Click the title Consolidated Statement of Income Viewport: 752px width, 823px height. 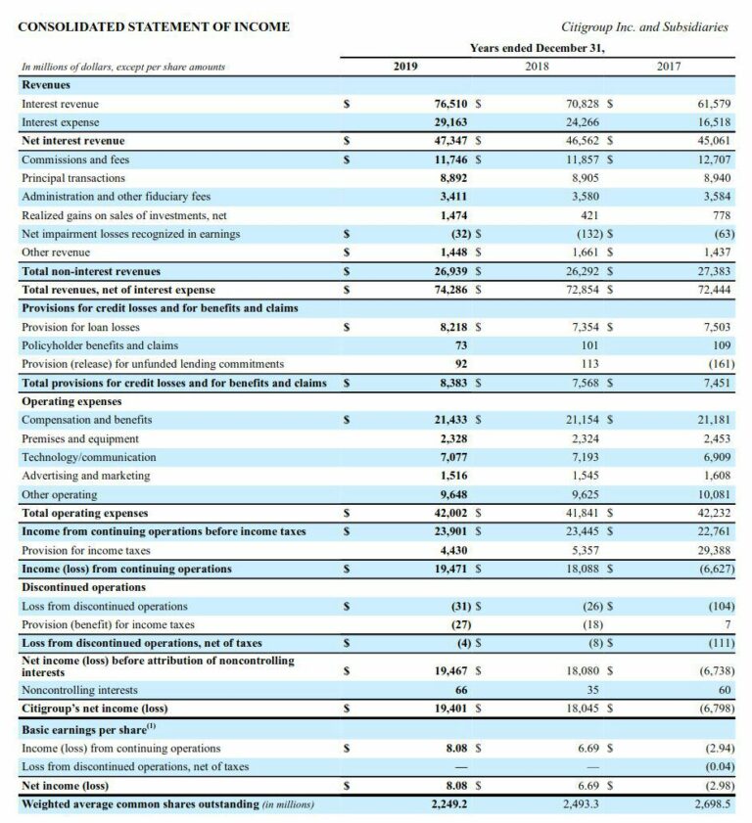coord(154,26)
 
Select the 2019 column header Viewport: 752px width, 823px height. coord(405,66)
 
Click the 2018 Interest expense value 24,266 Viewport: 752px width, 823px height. coord(584,121)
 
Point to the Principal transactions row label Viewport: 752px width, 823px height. coord(73,177)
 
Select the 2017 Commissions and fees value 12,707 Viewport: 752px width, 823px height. coord(715,159)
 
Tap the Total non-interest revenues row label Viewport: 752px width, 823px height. coord(91,270)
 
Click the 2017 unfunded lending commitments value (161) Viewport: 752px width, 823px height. coord(717,363)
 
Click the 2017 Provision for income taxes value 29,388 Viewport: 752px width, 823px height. coord(715,550)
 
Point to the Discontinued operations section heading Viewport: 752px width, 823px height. coord(83,587)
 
